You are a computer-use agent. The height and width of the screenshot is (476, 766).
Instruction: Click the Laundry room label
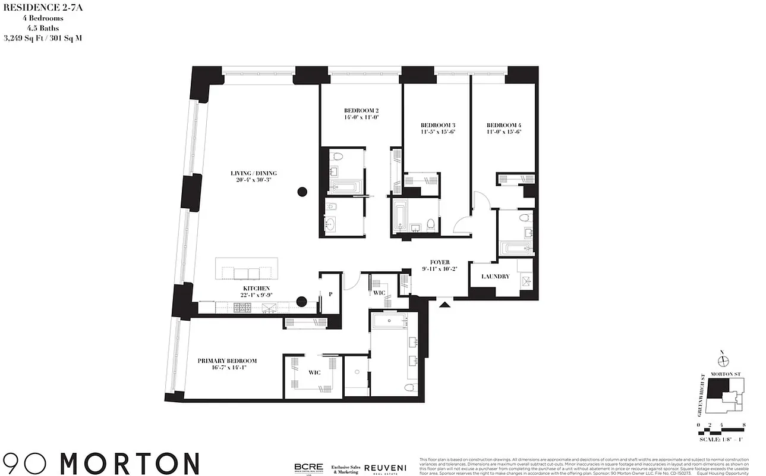point(495,277)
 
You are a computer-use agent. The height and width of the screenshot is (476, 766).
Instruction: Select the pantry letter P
point(330,294)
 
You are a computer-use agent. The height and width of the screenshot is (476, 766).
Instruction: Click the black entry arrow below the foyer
point(445,305)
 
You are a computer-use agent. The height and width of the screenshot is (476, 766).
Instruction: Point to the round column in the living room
point(302,191)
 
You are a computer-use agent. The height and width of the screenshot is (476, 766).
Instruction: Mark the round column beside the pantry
point(302,301)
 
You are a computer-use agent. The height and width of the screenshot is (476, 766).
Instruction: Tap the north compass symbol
point(723,361)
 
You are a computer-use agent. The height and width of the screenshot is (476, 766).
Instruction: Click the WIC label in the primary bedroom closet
point(314,372)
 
